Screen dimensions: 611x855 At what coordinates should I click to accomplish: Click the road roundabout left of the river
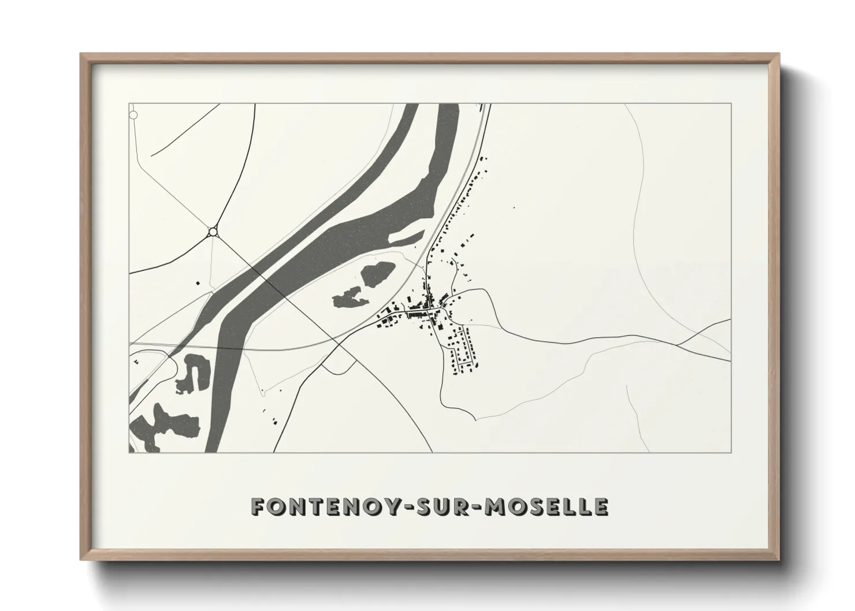[x=213, y=232]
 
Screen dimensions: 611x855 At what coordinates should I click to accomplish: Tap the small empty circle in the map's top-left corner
[x=133, y=115]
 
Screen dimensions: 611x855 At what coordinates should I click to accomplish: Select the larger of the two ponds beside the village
[x=377, y=273]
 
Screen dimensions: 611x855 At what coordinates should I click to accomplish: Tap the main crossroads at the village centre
[x=428, y=312]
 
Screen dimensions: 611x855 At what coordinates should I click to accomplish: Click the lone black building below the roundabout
[x=198, y=283]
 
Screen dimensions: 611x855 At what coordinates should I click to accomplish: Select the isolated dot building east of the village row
[x=514, y=207]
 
